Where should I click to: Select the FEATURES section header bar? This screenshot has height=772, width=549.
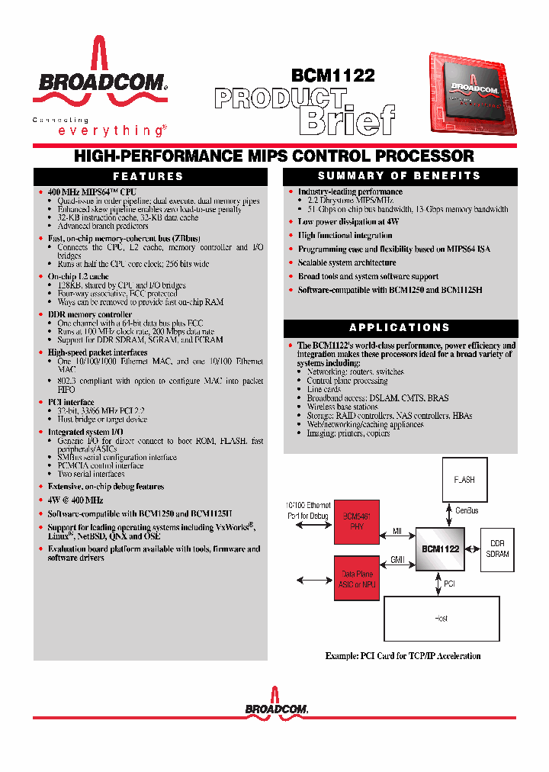[x=149, y=176]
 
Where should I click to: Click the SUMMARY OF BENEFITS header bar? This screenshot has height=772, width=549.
[x=400, y=175]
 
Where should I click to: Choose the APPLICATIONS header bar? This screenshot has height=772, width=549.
[x=400, y=328]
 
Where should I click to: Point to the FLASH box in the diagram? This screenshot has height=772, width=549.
[x=464, y=480]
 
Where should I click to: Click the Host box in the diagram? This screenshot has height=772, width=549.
[x=441, y=618]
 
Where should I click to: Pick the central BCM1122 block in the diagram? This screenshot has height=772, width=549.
[x=440, y=548]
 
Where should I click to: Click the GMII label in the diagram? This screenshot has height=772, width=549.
[x=397, y=559]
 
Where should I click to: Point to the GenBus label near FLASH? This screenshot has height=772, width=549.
[x=467, y=511]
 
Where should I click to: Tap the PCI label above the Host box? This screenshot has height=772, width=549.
[x=450, y=583]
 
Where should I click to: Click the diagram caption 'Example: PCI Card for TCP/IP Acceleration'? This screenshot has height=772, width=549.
[x=403, y=655]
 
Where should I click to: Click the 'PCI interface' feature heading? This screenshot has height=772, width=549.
[x=71, y=402]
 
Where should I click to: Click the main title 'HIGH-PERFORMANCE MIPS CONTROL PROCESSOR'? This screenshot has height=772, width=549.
[x=274, y=156]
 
